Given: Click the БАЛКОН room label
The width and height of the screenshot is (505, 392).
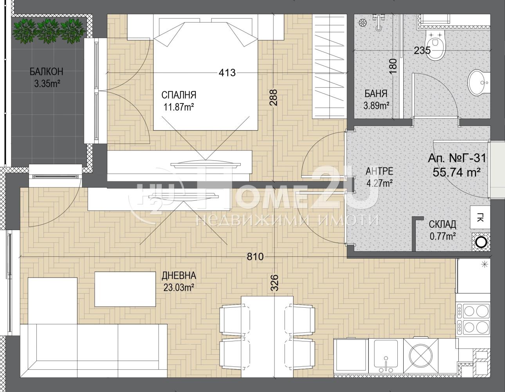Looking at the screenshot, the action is point(47,72).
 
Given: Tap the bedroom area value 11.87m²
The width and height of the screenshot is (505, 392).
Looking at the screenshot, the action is point(179,107).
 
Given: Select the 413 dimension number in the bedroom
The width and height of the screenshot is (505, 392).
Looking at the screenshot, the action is point(227,73).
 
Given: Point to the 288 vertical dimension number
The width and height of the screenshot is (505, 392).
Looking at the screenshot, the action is point(274,98).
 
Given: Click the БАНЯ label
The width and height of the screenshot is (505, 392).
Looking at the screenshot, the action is point(376,94).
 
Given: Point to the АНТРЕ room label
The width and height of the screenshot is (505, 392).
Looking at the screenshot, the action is point(379,171).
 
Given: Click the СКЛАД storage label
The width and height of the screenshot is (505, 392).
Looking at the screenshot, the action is point(442,225).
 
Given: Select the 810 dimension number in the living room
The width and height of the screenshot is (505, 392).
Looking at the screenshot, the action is point(255,257).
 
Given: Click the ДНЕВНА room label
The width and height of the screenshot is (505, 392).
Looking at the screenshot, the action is point(179,276).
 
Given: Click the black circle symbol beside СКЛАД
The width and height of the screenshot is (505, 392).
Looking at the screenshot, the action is point(480,242).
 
